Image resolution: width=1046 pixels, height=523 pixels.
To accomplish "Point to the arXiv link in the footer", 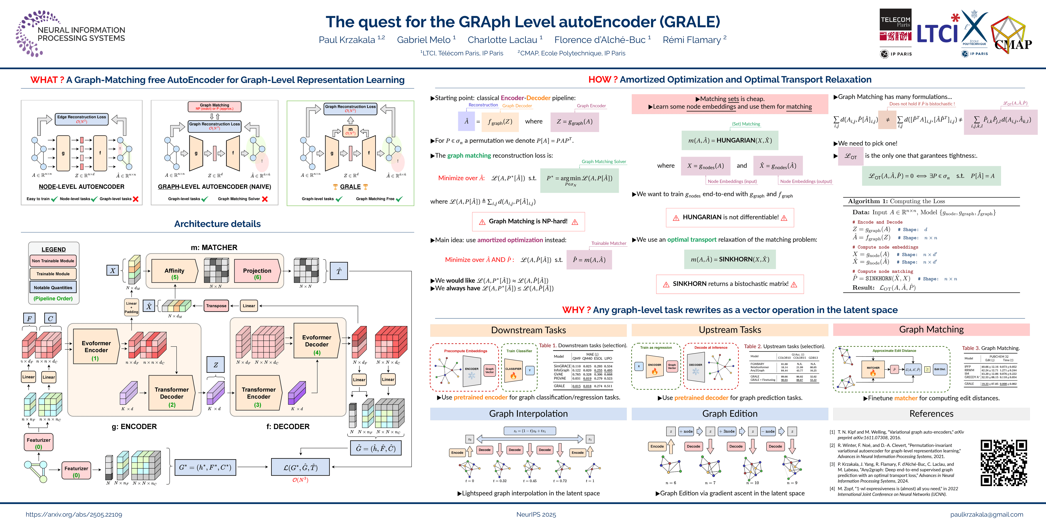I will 74,514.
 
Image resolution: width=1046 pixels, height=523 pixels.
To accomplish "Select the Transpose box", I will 216,306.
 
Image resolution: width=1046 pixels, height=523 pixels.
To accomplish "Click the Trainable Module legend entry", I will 53,274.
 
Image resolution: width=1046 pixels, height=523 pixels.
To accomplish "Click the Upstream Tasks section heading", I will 730,330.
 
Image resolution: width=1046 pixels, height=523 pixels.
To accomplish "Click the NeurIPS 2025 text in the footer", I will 536,514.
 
